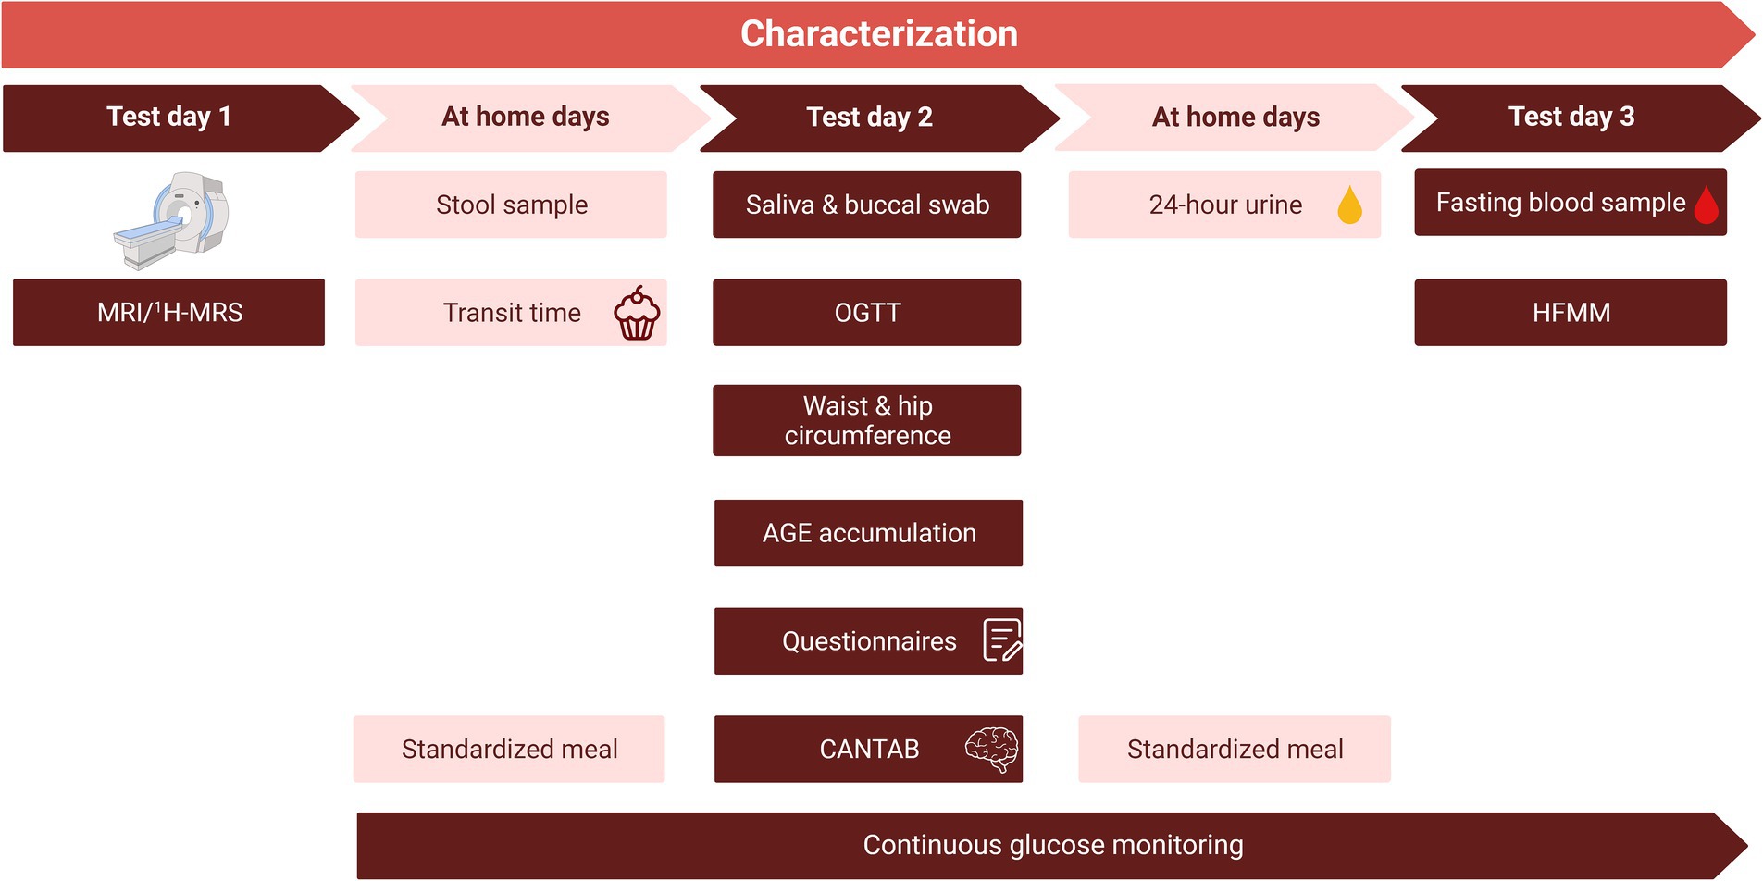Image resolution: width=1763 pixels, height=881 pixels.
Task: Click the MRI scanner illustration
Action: pyautogui.click(x=172, y=220)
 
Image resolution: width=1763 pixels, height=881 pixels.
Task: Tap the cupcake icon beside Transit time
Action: pyautogui.click(x=637, y=313)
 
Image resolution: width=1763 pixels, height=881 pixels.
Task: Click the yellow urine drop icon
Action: pyautogui.click(x=1350, y=205)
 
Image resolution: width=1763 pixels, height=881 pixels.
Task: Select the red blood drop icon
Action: pyautogui.click(x=1707, y=205)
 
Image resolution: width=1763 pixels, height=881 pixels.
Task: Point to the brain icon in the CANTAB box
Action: pyautogui.click(x=992, y=749)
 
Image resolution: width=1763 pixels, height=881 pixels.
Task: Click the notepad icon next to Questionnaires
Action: pyautogui.click(x=1002, y=640)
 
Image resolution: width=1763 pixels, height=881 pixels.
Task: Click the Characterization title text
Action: pyautogui.click(x=879, y=34)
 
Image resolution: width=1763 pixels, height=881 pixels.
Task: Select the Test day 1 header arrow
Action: pyautogui.click(x=180, y=118)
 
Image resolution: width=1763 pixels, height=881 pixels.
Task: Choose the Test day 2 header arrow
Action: pyautogui.click(x=879, y=118)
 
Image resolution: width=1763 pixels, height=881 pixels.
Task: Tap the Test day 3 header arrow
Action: pyautogui.click(x=1581, y=118)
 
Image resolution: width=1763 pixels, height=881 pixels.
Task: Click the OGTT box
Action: pyautogui.click(x=867, y=313)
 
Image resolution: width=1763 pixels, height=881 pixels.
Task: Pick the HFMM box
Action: pyautogui.click(x=1571, y=313)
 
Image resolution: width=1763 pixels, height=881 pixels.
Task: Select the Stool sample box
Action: pyautogui.click(x=511, y=205)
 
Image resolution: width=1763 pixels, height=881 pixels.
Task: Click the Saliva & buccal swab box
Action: pyautogui.click(x=867, y=205)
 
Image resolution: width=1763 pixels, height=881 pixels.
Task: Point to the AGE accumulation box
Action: pyautogui.click(x=869, y=533)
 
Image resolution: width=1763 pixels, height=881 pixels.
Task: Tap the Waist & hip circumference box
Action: pyautogui.click(x=867, y=420)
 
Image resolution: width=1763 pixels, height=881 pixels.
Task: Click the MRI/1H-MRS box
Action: pyautogui.click(x=169, y=313)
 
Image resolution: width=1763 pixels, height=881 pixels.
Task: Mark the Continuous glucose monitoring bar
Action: pyautogui.click(x=1052, y=846)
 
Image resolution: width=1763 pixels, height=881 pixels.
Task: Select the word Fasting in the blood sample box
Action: pyautogui.click(x=1479, y=204)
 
